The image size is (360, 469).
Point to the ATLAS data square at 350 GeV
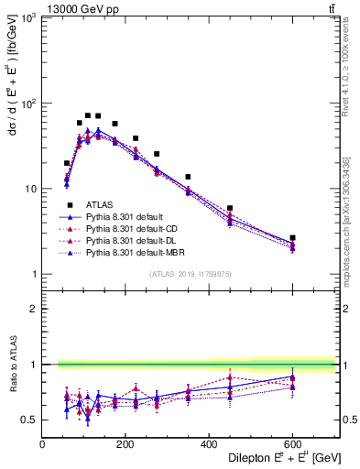coord(188,177)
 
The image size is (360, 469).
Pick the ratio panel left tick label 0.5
coord(28,420)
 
